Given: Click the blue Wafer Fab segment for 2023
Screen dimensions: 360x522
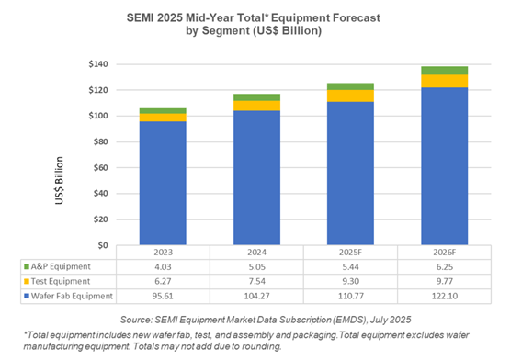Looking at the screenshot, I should click(x=162, y=183).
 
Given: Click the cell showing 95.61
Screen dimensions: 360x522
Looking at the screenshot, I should click(x=162, y=295).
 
